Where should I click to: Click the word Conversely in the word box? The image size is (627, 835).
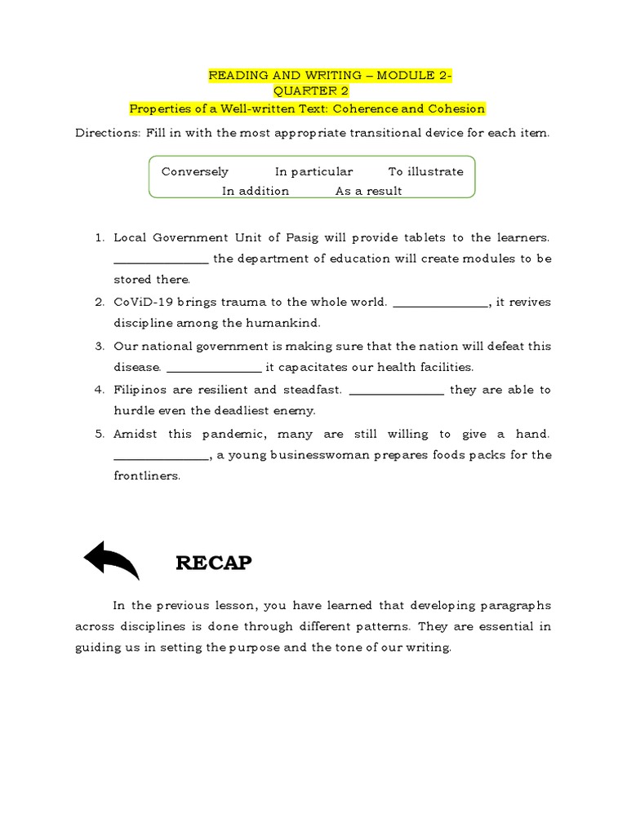195,172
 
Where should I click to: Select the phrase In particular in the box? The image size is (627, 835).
313,172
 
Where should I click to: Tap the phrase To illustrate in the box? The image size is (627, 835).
425,172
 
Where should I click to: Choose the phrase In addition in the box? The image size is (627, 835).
256,192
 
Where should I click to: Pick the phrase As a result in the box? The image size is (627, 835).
369,192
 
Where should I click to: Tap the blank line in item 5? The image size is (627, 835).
161,457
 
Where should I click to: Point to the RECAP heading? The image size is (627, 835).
214,563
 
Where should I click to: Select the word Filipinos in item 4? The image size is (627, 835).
144,390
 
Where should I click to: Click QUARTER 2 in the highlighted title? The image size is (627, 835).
310,91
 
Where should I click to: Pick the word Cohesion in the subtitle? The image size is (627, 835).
458,108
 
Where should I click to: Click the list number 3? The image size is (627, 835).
99,347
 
